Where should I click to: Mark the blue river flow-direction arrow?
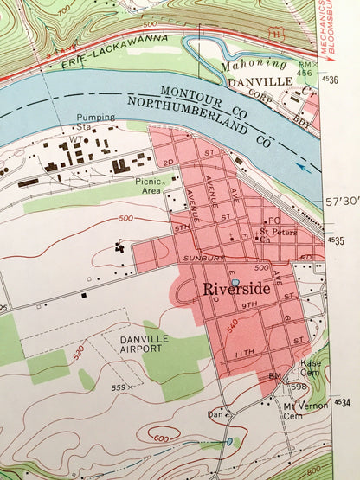[301, 168]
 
